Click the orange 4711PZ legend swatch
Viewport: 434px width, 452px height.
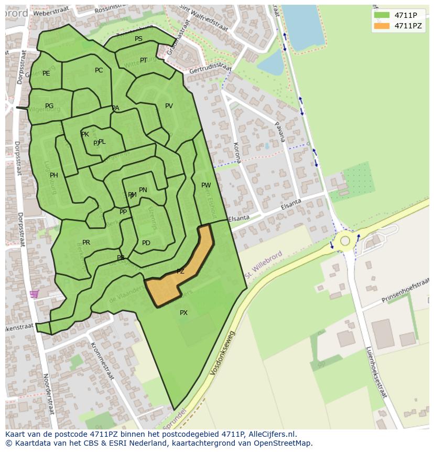point(382,26)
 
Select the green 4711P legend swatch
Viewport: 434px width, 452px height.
point(382,15)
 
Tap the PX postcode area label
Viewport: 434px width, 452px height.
point(183,313)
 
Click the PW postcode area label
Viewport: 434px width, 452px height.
point(206,185)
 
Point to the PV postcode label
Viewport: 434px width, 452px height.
point(169,106)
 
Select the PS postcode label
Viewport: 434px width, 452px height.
point(138,39)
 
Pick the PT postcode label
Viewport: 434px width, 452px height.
point(144,60)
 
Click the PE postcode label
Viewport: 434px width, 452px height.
point(46,73)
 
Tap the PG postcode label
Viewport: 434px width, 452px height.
point(49,106)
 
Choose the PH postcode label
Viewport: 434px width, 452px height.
point(54,175)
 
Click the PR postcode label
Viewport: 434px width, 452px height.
point(86,243)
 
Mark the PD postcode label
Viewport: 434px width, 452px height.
point(146,243)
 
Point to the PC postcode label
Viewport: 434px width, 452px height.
point(99,70)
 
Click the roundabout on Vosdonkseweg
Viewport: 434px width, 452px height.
point(345,241)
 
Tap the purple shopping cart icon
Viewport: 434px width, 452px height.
point(35,294)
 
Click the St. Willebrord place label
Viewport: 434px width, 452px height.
point(264,265)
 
